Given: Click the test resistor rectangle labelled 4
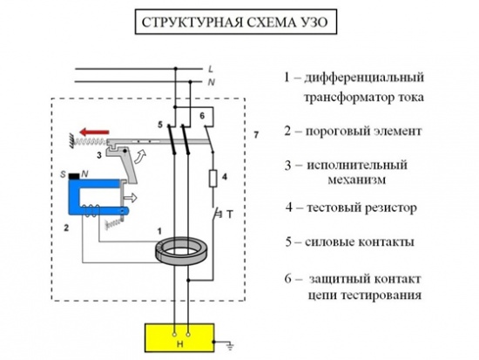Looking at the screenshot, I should coord(212,180).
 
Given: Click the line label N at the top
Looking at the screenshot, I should coord(212,81).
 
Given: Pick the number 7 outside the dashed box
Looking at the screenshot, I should coord(255,134).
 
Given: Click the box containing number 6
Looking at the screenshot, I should coord(203,116).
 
